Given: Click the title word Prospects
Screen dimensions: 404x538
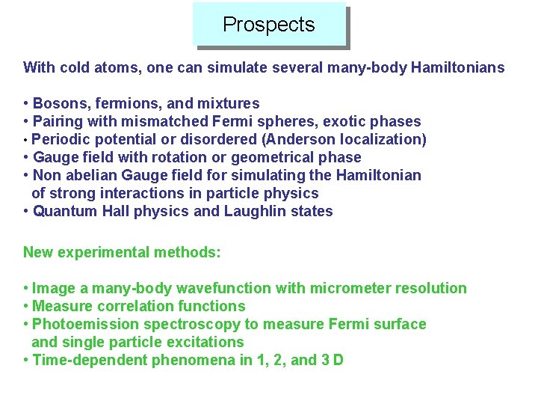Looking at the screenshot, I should pos(269,25).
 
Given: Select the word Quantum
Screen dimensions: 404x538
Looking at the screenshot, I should pos(65,211).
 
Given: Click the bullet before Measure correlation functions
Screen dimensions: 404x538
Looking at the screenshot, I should pos(26,306).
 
